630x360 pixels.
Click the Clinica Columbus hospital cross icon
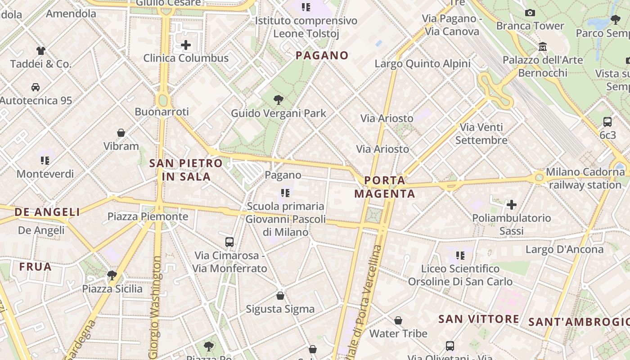point(185,45)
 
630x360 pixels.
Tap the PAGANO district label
point(322,55)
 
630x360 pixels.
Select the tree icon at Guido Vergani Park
point(279,100)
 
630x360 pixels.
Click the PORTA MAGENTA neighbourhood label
point(385,187)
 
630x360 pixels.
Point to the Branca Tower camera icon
point(530,13)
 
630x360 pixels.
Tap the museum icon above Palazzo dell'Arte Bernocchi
point(543,47)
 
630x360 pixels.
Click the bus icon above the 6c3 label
point(607,121)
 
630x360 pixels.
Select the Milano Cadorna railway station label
point(585,178)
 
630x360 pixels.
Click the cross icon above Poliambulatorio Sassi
point(511,205)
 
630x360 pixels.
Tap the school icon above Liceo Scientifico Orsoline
point(460,256)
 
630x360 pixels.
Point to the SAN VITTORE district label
point(478,319)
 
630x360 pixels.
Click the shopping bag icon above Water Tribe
point(398,320)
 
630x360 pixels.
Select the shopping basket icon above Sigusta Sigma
point(280,296)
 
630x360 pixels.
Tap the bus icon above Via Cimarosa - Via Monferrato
point(229,242)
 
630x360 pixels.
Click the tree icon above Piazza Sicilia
point(112,275)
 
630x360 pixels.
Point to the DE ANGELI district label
point(47,212)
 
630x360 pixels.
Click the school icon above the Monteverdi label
point(45,160)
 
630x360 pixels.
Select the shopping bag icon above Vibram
point(121,133)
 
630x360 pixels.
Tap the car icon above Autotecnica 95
point(36,87)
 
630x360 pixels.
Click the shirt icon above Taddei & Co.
point(41,50)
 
